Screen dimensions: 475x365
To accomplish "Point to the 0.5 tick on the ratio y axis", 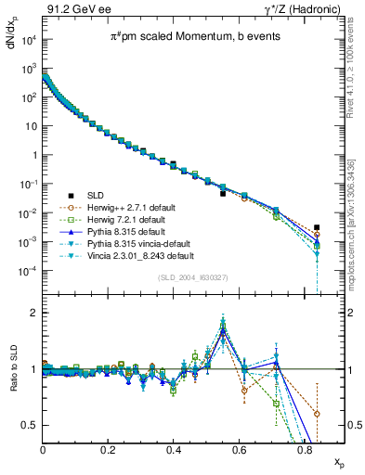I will (x=31, y=426).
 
